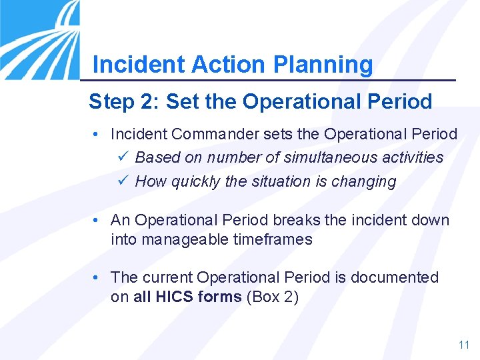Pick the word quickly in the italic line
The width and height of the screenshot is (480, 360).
(194, 181)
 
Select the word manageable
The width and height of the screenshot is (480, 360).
(183, 239)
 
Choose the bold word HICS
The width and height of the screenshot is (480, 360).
(174, 297)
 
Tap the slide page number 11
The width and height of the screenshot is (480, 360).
(464, 345)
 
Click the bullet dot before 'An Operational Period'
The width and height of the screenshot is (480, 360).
(97, 220)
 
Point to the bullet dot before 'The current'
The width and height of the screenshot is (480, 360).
(97, 277)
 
